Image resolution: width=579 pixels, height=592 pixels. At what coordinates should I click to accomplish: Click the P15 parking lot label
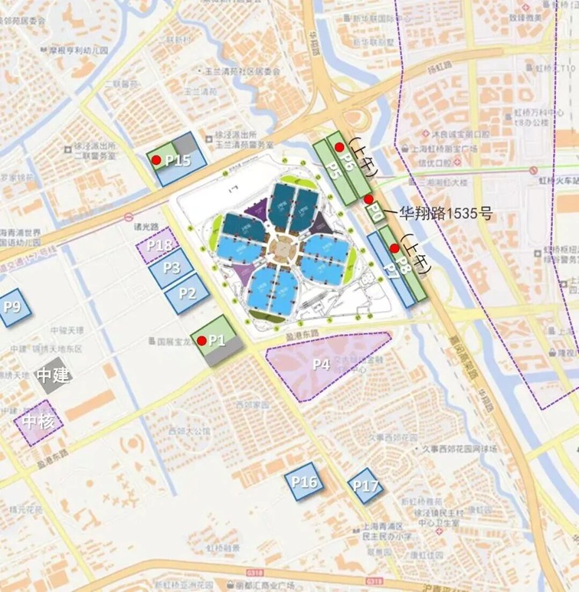178,161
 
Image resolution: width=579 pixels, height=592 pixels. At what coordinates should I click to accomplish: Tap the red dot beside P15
156,160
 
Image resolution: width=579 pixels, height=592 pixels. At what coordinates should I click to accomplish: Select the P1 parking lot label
218,340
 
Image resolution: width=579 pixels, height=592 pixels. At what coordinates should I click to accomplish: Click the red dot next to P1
201,340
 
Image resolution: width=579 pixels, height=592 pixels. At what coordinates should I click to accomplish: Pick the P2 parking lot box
188,293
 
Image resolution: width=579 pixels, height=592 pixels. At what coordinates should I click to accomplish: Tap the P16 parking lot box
304,482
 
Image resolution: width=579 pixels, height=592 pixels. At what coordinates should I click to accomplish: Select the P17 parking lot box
365,486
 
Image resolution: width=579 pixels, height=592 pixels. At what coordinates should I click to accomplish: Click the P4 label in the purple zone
321,365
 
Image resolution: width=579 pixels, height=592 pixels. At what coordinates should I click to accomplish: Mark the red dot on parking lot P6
340,146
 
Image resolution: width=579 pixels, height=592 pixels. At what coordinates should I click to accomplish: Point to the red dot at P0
368,199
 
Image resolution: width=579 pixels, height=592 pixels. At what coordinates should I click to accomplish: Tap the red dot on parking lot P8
394,247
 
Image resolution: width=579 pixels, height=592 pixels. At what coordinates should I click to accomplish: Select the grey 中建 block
54,374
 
